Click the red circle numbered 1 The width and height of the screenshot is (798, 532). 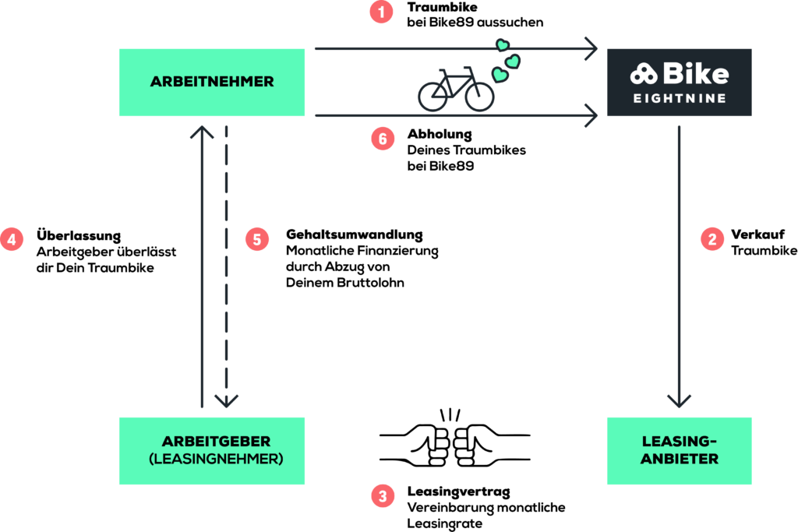click(x=382, y=12)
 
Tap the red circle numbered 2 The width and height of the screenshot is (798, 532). click(x=711, y=238)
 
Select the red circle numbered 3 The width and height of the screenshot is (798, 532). click(x=382, y=495)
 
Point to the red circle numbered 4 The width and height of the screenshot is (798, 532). click(x=12, y=238)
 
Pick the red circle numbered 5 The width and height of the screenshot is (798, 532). click(x=257, y=238)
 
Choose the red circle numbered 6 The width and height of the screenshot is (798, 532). click(x=382, y=139)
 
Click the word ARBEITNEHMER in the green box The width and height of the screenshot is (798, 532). click(x=212, y=82)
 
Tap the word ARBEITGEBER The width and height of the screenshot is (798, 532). click(x=216, y=441)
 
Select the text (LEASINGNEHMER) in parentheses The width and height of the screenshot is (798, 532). click(x=215, y=459)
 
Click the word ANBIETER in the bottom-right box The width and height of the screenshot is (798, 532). click(x=679, y=459)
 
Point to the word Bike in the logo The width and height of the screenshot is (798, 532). click(x=696, y=74)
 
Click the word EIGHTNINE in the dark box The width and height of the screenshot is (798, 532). click(x=678, y=99)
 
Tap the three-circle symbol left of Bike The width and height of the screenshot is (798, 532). click(x=644, y=75)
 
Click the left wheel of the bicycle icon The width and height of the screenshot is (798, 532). click(x=433, y=97)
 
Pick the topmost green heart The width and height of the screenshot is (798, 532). click(x=503, y=45)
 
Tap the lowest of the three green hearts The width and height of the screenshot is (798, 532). click(x=500, y=75)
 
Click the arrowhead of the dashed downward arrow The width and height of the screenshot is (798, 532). click(x=227, y=401)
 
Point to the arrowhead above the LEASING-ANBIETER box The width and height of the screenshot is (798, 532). click(x=679, y=401)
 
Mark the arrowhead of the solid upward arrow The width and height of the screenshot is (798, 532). click(x=202, y=131)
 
